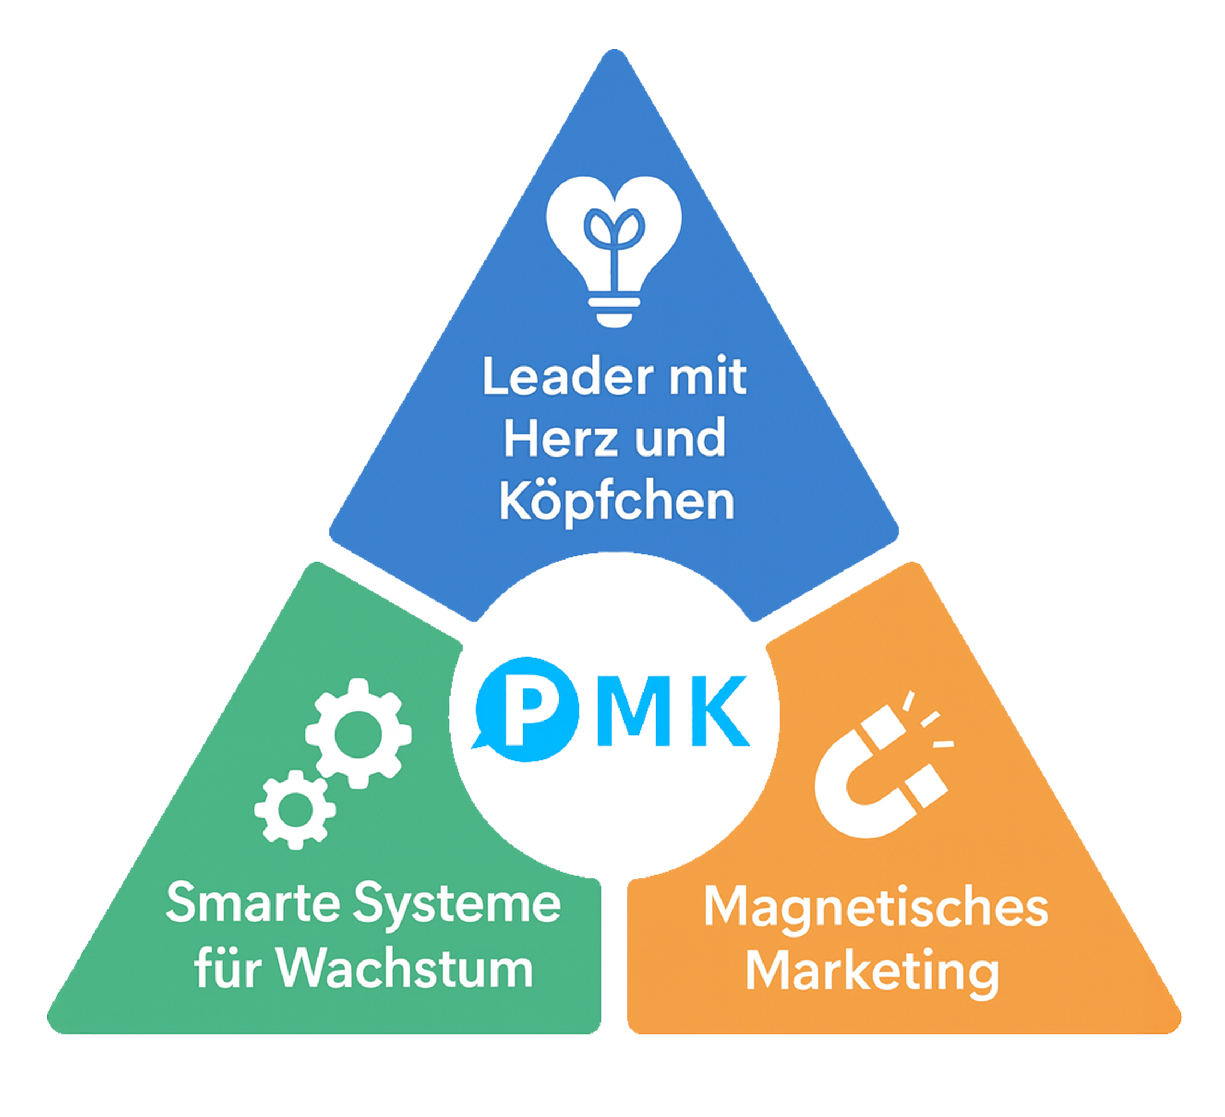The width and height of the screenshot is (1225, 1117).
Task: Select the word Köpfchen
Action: click(x=617, y=502)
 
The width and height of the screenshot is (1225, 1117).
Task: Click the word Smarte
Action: click(x=254, y=904)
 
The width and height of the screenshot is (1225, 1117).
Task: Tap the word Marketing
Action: click(x=872, y=972)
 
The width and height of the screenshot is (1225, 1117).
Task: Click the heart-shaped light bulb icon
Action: click(x=614, y=243)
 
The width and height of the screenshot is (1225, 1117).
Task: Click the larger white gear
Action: click(x=358, y=734)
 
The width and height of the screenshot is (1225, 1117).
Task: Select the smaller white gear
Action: click(x=295, y=809)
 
